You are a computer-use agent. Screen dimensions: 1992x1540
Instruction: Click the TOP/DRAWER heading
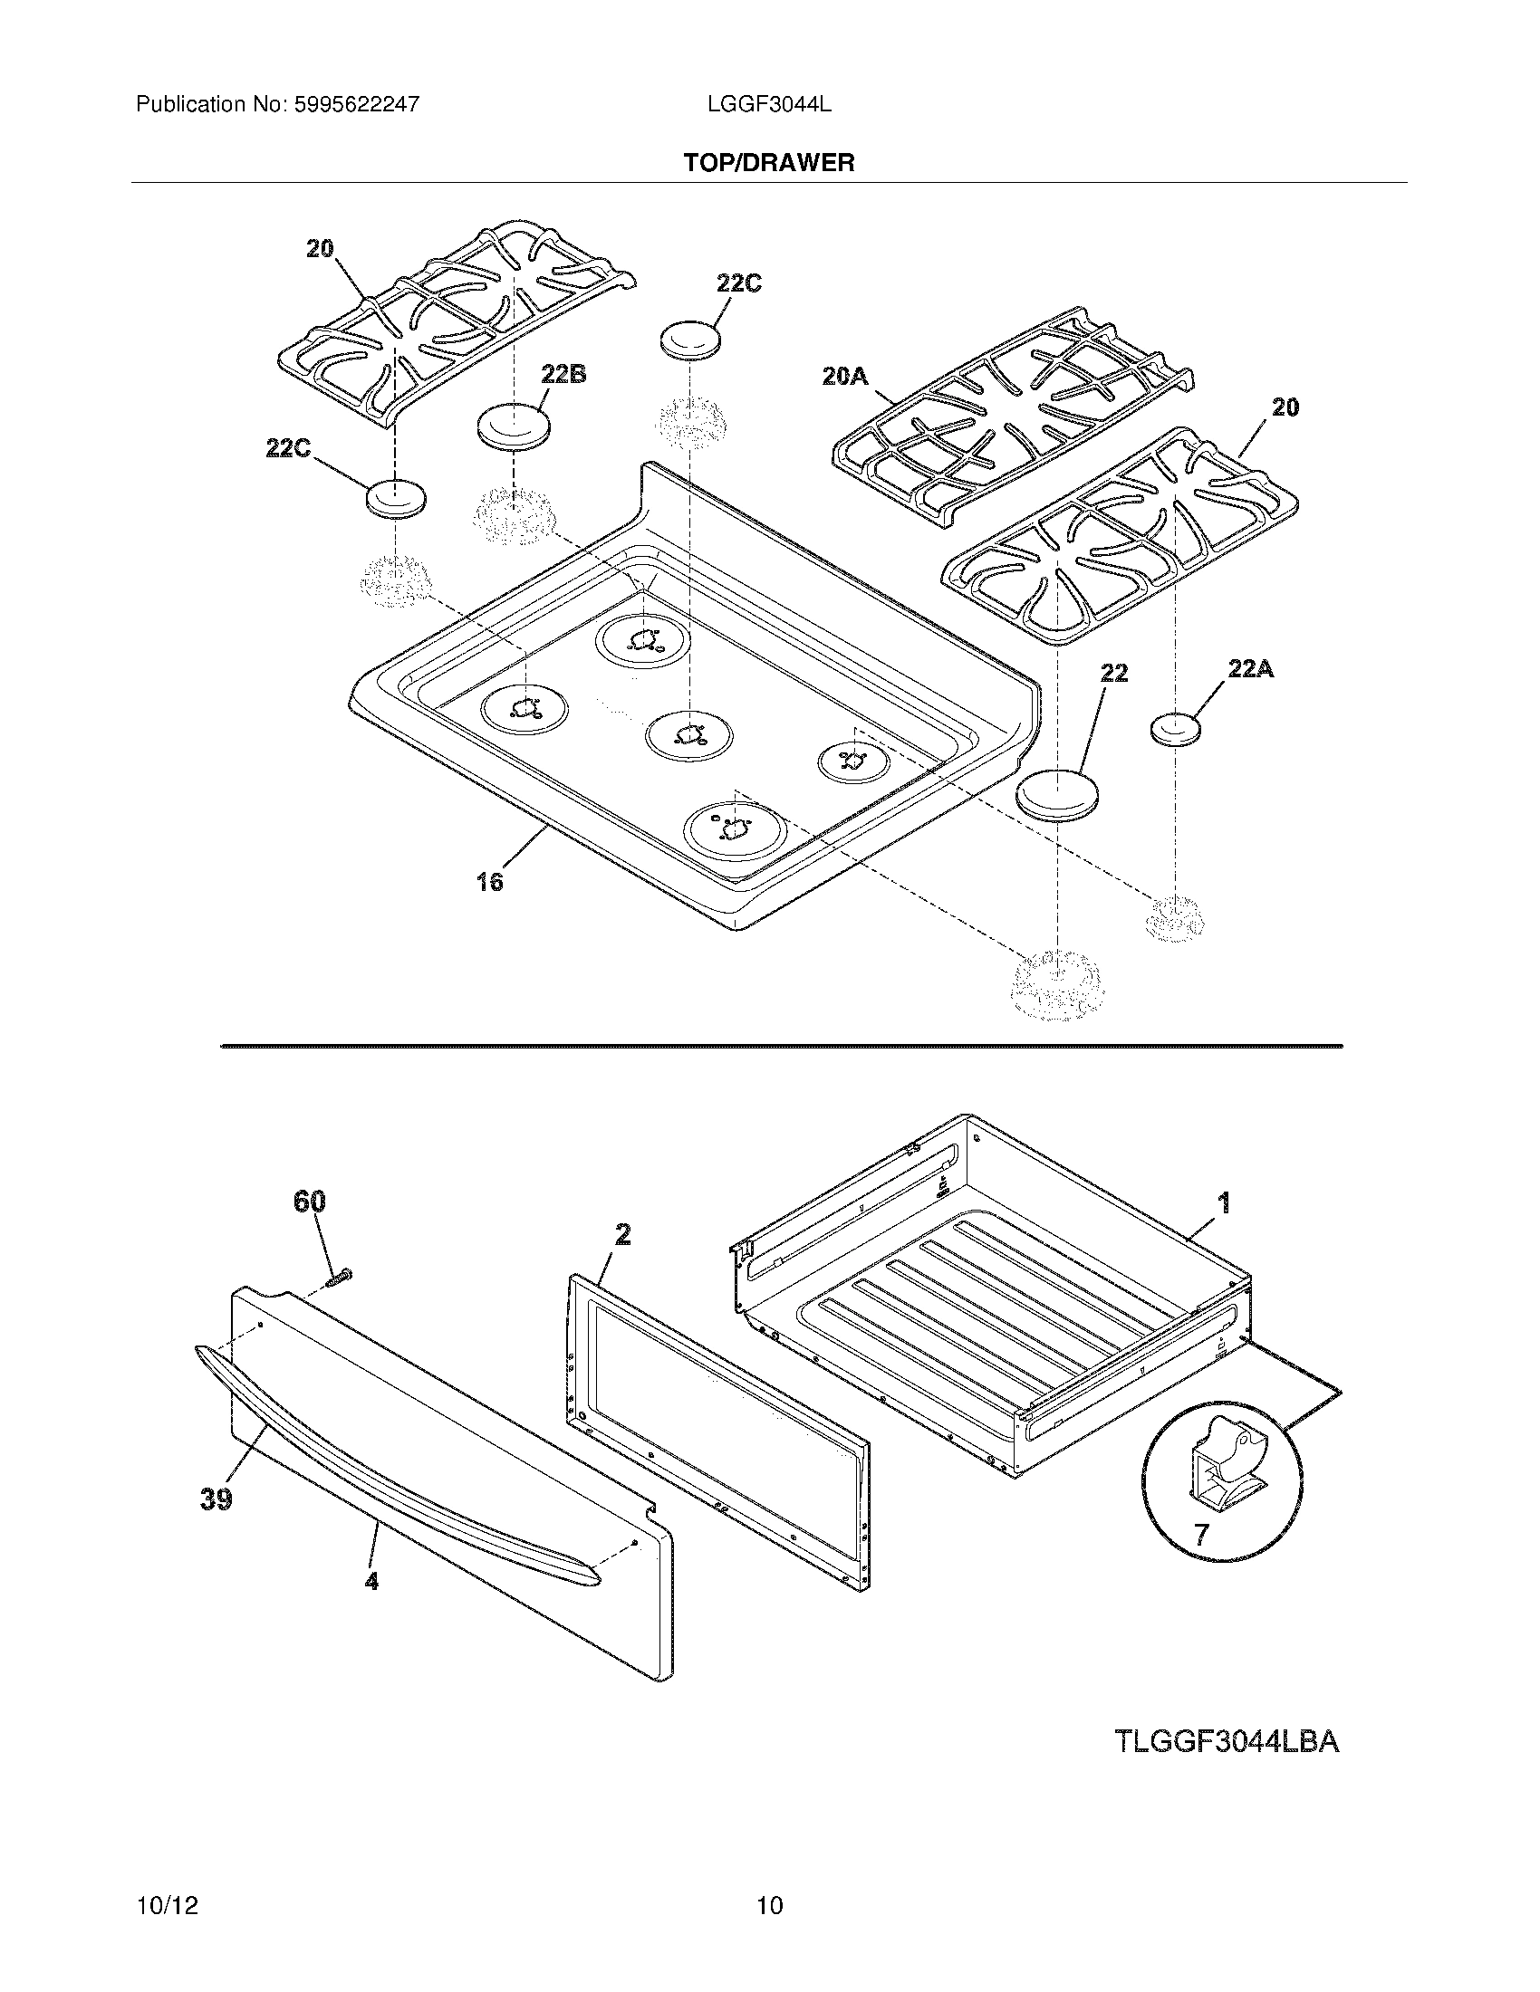point(769,163)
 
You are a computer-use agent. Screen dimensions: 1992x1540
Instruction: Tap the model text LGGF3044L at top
point(768,105)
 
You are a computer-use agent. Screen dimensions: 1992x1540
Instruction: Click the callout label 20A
point(844,376)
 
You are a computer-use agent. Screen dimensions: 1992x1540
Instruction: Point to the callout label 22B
point(563,373)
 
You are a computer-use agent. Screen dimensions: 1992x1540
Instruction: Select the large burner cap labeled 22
point(1057,794)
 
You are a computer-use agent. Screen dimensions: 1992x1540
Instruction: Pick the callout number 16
point(489,881)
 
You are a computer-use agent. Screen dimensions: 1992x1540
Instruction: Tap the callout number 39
point(217,1499)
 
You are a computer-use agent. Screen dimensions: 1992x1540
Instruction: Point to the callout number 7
point(1201,1534)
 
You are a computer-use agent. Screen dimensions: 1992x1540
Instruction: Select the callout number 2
point(622,1234)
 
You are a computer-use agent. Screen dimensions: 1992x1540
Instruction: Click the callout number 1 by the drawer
point(1225,1202)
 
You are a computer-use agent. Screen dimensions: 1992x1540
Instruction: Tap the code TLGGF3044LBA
point(1227,1741)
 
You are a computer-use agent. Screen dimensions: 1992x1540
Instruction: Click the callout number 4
point(371,1581)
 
